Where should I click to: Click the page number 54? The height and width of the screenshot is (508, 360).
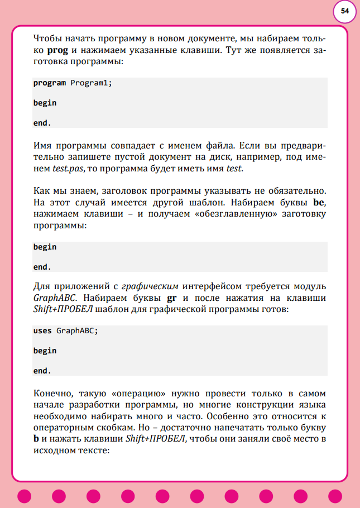[345, 11]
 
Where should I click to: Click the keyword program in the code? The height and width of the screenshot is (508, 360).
[50, 83]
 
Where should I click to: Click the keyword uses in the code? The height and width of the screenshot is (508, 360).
[42, 330]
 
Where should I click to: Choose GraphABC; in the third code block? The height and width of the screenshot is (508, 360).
[78, 330]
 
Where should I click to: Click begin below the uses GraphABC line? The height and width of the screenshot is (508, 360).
[45, 351]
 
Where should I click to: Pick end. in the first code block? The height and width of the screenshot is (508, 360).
[42, 123]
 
